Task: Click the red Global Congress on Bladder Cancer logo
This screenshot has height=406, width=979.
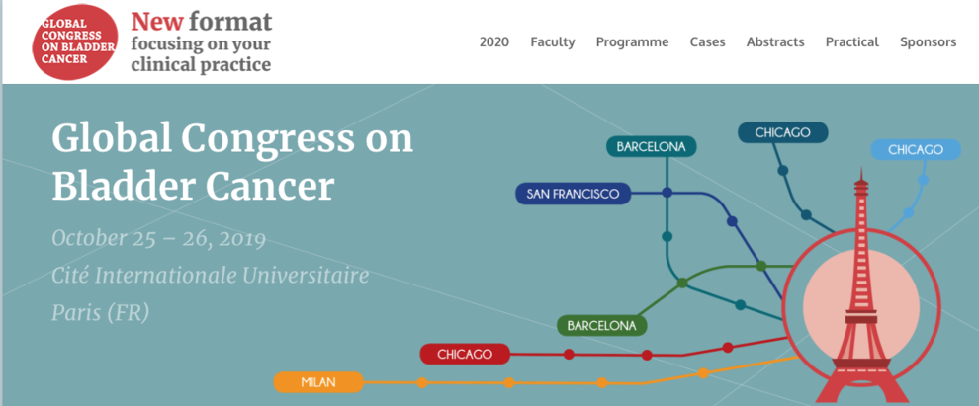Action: click(74, 41)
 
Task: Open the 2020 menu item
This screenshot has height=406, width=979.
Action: click(493, 42)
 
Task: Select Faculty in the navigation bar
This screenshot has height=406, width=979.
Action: click(553, 42)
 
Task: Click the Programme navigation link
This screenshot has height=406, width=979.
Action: click(632, 42)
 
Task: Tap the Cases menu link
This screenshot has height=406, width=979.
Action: click(707, 42)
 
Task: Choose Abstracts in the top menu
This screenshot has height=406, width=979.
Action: click(775, 42)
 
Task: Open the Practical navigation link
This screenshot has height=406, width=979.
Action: click(851, 42)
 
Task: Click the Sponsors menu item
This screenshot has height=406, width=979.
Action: click(928, 42)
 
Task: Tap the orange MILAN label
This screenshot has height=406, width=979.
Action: click(318, 382)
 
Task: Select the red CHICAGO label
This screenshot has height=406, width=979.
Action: click(465, 355)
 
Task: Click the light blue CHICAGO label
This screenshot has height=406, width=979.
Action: click(916, 150)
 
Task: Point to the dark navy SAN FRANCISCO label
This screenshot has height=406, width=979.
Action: click(573, 194)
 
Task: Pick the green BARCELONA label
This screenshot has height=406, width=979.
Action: click(602, 326)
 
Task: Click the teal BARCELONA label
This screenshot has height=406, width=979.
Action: click(652, 147)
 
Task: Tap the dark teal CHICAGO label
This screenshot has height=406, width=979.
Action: click(782, 132)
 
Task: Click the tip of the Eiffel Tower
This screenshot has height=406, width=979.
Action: click(861, 167)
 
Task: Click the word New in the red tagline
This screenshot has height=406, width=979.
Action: click(157, 22)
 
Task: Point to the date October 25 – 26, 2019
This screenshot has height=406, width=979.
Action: click(158, 238)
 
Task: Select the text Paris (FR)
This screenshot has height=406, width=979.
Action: click(101, 312)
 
